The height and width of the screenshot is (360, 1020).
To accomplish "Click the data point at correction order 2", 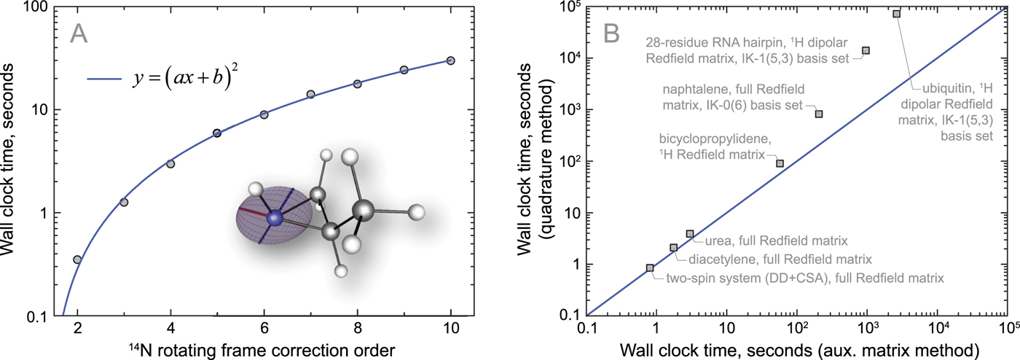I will click(77, 259).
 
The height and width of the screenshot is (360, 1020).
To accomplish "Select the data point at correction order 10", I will click(451, 60).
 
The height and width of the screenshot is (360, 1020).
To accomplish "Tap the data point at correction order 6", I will click(264, 114).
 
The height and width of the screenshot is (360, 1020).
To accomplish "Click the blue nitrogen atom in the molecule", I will click(275, 218).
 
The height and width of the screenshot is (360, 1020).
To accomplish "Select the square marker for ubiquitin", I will click(917, 14).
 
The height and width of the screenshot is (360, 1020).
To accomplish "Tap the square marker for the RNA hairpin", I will click(866, 50).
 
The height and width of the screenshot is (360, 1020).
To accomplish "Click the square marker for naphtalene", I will click(819, 114).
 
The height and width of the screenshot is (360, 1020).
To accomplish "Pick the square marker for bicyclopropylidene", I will click(780, 163).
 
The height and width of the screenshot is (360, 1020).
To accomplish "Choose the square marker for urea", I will click(690, 234).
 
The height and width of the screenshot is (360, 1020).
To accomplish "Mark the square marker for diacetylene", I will click(673, 248).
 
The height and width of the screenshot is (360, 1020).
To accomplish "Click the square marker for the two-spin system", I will click(650, 267).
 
